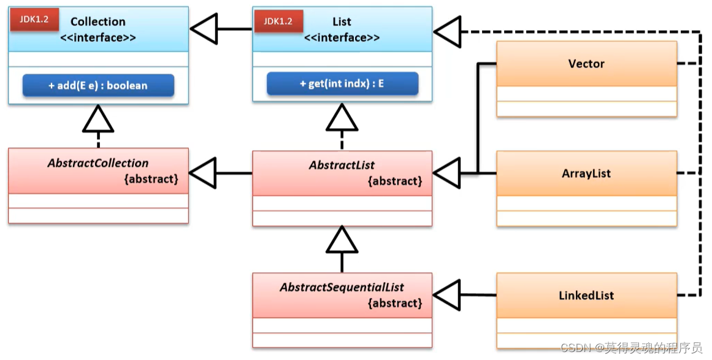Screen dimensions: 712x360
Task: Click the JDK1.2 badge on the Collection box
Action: (x=34, y=20)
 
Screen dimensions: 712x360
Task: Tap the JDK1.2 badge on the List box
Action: (x=278, y=21)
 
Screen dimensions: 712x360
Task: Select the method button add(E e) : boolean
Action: (x=98, y=85)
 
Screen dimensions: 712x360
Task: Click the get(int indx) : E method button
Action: (x=342, y=83)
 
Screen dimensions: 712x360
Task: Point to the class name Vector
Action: (x=586, y=64)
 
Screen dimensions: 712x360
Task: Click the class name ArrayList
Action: (x=586, y=174)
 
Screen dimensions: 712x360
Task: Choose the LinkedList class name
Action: (x=586, y=296)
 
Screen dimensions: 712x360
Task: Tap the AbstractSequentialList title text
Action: (x=342, y=288)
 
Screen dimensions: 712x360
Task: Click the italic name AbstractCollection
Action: (x=98, y=163)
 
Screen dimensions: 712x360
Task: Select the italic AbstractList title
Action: (x=342, y=165)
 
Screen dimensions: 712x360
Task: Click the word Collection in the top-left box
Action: (x=98, y=21)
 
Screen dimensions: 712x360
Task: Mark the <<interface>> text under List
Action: (x=342, y=37)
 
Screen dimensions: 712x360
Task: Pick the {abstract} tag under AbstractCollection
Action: (x=151, y=179)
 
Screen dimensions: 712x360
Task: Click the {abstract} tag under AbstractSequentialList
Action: (x=395, y=303)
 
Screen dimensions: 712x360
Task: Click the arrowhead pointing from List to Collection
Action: (x=204, y=29)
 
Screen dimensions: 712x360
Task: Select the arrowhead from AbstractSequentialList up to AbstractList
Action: (x=342, y=239)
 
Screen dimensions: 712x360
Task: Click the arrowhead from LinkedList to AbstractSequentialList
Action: (x=447, y=295)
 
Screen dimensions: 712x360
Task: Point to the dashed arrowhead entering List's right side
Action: (x=448, y=32)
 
